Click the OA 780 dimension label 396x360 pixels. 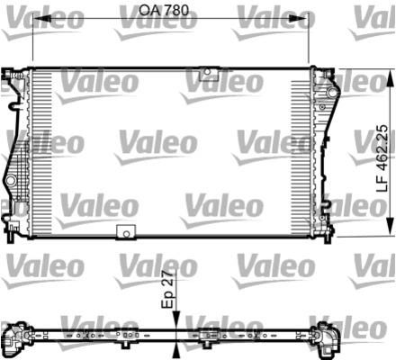click(164, 10)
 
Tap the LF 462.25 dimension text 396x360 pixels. click(382, 158)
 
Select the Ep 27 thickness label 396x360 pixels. click(167, 289)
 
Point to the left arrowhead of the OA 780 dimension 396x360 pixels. click(41, 19)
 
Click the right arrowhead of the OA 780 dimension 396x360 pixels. click(299, 19)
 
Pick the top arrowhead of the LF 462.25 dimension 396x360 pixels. click(390, 78)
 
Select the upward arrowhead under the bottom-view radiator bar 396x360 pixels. click(176, 351)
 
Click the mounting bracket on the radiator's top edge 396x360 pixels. click(209, 73)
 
